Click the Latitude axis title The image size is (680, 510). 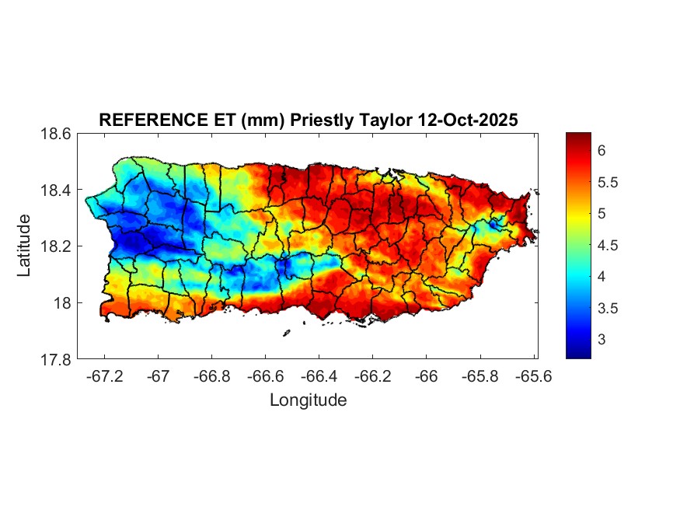coord(25,246)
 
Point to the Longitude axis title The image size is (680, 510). coord(308,400)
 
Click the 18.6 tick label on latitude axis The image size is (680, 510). coord(56,134)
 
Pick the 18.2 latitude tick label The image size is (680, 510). coord(56,246)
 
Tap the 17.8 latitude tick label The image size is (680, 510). coord(56,359)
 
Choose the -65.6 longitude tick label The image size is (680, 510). coord(532,376)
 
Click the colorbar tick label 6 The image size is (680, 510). coord(602,151)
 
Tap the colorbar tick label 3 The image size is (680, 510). coord(602,340)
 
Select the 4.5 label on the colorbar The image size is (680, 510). coord(608,246)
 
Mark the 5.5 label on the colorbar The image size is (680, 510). coord(608,183)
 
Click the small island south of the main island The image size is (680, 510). coord(286,333)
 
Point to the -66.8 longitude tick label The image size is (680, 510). coord(211,376)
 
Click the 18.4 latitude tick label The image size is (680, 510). coord(56,190)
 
